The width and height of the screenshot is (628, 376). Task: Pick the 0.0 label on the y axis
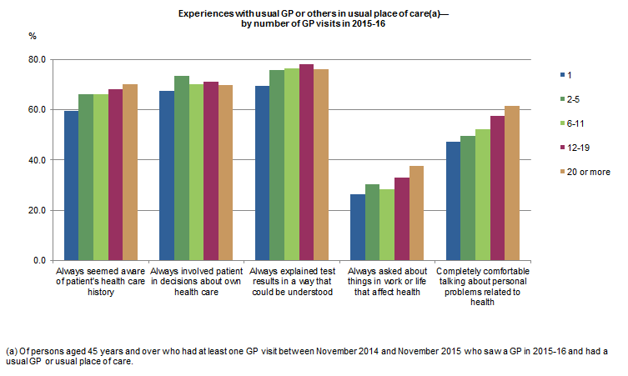tap(38, 260)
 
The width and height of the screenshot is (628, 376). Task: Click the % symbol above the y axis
tap(33, 37)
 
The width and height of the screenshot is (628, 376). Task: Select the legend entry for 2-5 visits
tap(574, 99)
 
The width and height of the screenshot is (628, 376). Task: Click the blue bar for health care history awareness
tap(71, 185)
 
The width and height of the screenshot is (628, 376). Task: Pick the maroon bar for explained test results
tap(306, 162)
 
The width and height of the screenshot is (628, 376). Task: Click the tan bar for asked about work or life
tap(416, 213)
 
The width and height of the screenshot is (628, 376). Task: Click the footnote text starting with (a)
tap(307, 356)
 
